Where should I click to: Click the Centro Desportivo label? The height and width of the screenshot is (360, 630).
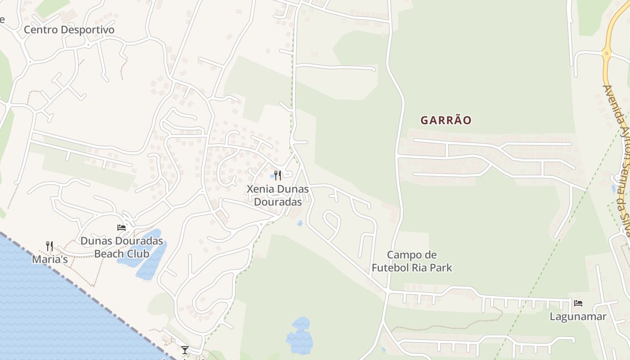[x=69, y=30]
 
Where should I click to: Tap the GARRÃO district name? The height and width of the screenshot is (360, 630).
[x=446, y=120]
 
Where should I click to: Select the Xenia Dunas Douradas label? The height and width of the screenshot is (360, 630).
[x=278, y=195]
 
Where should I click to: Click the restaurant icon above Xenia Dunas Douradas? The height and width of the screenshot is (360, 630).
[x=278, y=175]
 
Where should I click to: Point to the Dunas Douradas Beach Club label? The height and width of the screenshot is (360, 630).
[x=121, y=247]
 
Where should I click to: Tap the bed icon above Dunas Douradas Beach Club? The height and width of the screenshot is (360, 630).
[x=121, y=228]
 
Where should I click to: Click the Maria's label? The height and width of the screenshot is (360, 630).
[x=49, y=260]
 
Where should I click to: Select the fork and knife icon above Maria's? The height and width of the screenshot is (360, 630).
[x=49, y=246]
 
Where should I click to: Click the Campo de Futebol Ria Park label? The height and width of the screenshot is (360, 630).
[x=412, y=261]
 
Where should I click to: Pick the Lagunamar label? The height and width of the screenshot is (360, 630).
[x=578, y=316]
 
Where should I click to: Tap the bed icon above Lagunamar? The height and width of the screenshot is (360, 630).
[x=578, y=303]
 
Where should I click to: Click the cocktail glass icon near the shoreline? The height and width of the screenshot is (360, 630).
[x=184, y=350]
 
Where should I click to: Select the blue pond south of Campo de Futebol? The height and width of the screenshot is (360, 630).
[x=300, y=336]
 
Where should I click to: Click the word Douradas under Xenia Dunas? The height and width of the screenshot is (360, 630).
[x=278, y=202]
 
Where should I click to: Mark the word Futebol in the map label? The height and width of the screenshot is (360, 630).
[x=391, y=268]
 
